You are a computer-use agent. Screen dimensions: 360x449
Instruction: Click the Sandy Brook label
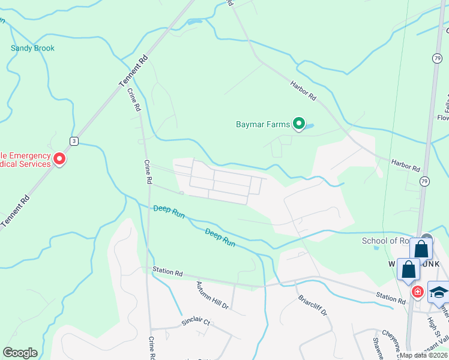[32, 48]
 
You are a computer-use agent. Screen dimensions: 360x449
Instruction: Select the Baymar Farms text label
[263, 125]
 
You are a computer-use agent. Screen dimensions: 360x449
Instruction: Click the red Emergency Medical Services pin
[59, 159]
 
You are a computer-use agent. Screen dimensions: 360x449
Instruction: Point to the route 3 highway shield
[73, 141]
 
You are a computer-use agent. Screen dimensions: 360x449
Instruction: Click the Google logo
[20, 353]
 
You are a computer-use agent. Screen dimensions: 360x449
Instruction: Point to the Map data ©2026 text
[423, 355]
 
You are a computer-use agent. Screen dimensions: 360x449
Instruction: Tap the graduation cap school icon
[439, 292]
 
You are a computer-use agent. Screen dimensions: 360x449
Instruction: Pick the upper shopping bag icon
[421, 248]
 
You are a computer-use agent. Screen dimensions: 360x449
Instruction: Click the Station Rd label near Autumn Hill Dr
[167, 272]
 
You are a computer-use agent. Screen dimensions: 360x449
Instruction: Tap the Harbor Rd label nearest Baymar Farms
[303, 91]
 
